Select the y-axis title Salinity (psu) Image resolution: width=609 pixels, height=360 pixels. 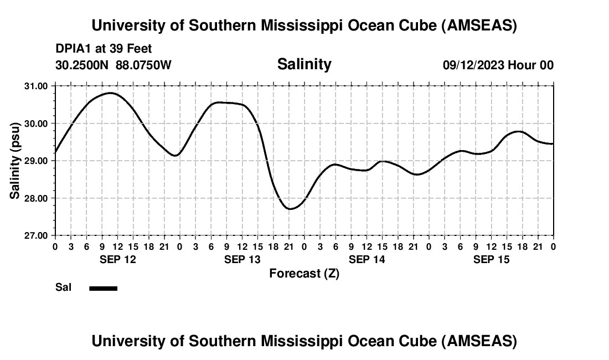tap(15, 160)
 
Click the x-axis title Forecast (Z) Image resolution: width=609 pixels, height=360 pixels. tap(304, 273)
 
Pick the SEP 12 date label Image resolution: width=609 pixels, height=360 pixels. tap(117, 259)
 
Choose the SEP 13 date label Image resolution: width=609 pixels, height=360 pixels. tap(242, 259)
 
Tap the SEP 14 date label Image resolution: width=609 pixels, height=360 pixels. tap(367, 259)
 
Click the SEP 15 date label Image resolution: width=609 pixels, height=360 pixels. tap(492, 259)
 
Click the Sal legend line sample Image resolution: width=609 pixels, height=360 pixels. tap(104, 288)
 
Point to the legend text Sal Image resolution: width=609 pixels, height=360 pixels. tap(63, 287)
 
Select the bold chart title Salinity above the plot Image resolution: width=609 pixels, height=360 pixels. tap(304, 64)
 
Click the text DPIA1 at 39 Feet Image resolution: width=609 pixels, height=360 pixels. tap(104, 49)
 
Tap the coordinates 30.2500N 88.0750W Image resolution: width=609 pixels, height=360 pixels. tap(113, 65)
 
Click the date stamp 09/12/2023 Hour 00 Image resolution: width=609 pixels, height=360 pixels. tap(498, 65)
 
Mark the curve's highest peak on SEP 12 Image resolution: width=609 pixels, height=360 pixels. tap(110, 93)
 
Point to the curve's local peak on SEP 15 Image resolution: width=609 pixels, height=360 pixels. tap(518, 131)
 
